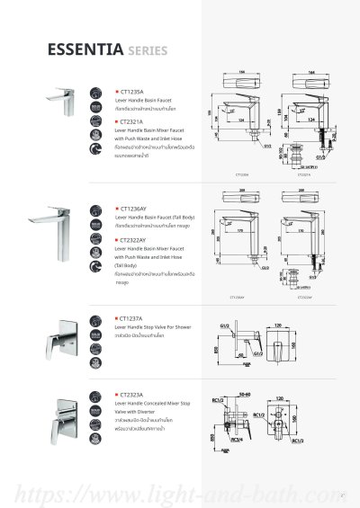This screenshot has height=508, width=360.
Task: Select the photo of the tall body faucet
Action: pos(54,218)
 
